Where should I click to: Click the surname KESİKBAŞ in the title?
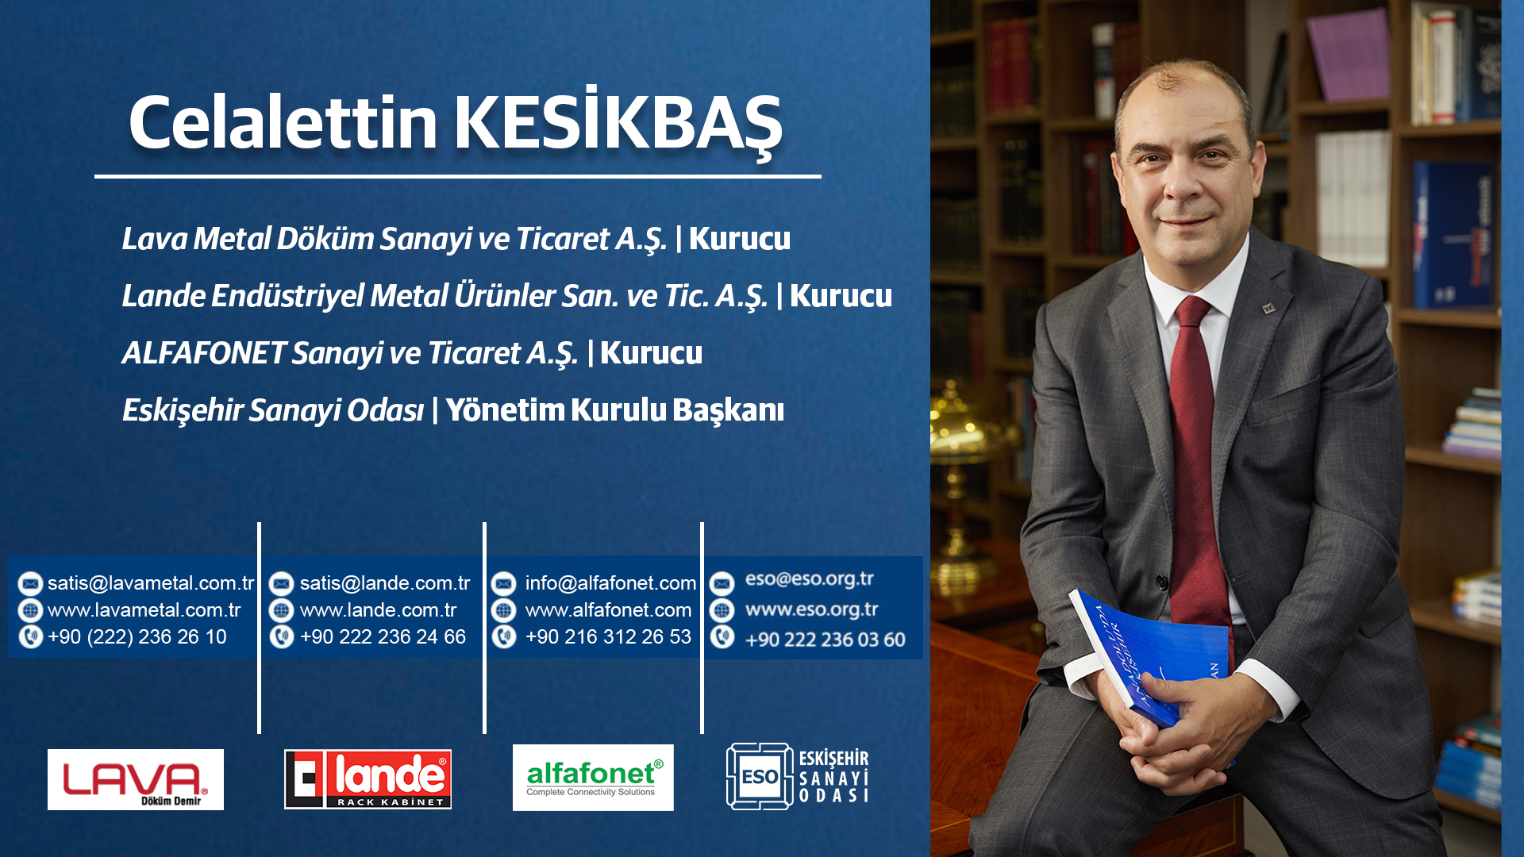(x=618, y=123)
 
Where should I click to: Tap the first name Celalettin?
(x=283, y=123)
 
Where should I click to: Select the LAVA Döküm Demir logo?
(x=136, y=779)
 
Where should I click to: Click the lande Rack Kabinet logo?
(x=368, y=779)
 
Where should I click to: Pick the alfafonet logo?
(x=593, y=778)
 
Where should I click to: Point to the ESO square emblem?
(x=760, y=776)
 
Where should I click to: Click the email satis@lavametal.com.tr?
(x=151, y=583)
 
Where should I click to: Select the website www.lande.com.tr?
(x=378, y=610)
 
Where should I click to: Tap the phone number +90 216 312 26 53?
(x=608, y=637)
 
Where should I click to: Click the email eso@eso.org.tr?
(x=809, y=579)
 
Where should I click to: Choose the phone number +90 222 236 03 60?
(x=825, y=640)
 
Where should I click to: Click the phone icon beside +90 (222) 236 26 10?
(x=30, y=636)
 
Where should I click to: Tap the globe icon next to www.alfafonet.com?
(x=504, y=610)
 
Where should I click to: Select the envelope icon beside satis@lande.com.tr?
(x=281, y=584)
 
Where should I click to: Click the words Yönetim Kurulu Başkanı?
(x=614, y=410)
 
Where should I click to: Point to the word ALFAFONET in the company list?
(x=204, y=353)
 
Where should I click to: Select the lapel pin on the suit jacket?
(x=1269, y=308)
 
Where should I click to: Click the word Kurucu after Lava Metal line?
(x=739, y=239)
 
